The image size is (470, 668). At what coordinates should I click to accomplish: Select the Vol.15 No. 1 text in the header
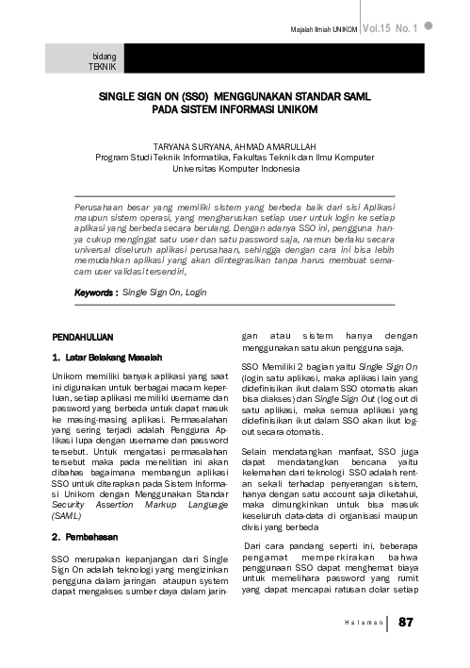coord(390,28)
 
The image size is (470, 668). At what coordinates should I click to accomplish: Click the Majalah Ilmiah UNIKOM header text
coord(323,30)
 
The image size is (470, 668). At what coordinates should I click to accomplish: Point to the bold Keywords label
coord(96,292)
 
